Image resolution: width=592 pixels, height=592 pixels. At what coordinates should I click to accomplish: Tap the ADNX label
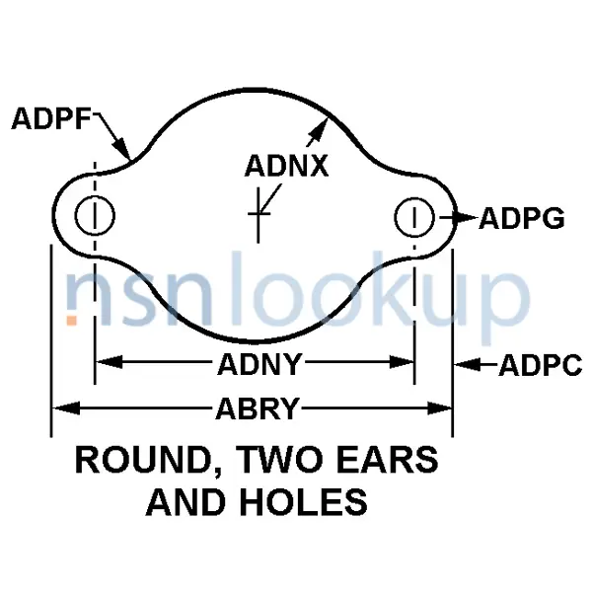286,165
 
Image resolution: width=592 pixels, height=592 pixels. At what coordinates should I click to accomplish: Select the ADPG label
521,219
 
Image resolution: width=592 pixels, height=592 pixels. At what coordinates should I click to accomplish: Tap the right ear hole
415,217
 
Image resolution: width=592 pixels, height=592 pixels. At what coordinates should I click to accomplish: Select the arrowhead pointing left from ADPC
464,366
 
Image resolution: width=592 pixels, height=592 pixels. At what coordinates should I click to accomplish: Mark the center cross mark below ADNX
259,212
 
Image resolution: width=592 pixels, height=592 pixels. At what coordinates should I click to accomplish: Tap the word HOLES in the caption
307,502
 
